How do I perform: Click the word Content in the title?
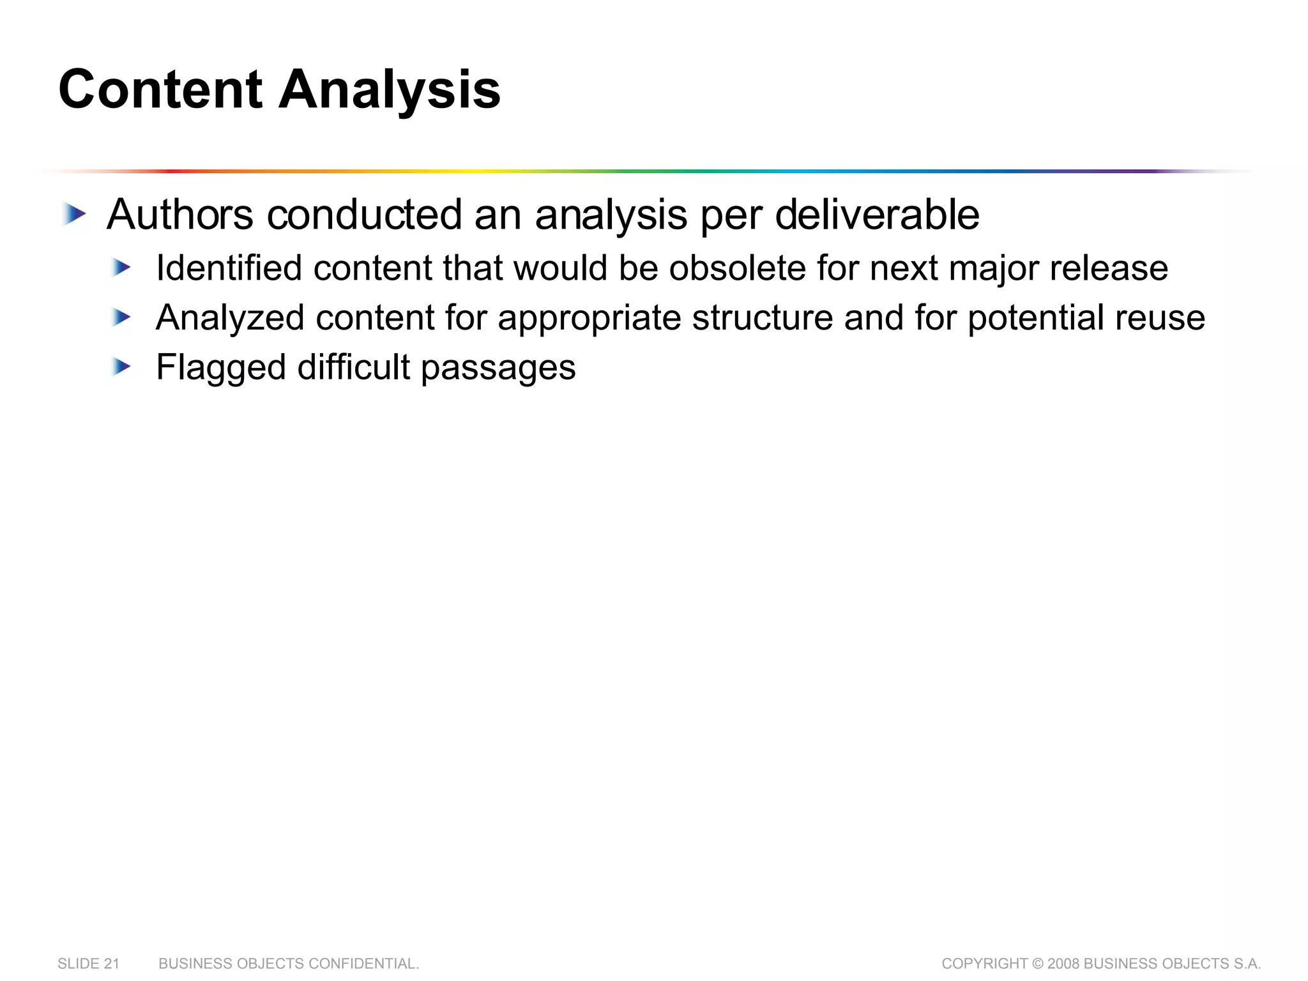pyautogui.click(x=160, y=90)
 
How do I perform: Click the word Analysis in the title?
pyautogui.click(x=390, y=90)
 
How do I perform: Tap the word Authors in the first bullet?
pyautogui.click(x=180, y=215)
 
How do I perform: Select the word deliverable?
pyautogui.click(x=877, y=215)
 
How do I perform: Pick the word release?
pyautogui.click(x=1109, y=268)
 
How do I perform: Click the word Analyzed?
pyautogui.click(x=230, y=317)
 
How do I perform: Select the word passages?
pyautogui.click(x=498, y=367)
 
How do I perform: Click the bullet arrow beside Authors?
pyautogui.click(x=75, y=215)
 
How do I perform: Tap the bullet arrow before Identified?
pyautogui.click(x=121, y=268)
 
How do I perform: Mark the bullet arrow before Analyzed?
pyautogui.click(x=121, y=317)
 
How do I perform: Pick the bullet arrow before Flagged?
pyautogui.click(x=121, y=367)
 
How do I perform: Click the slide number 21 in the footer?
pyautogui.click(x=112, y=964)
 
